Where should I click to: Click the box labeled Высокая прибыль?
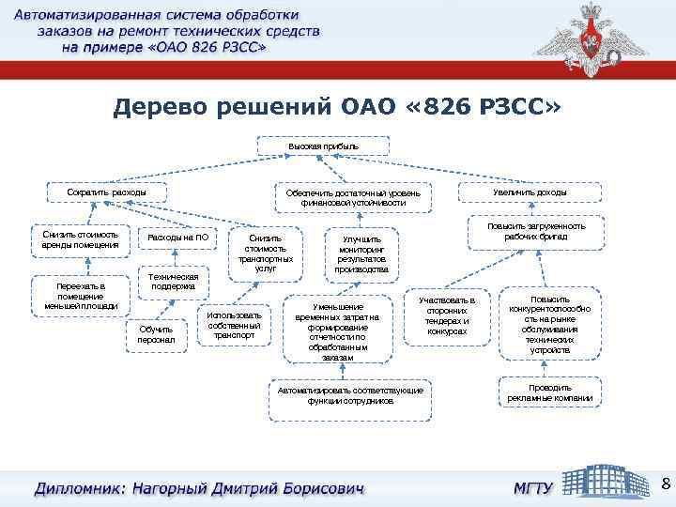(323, 146)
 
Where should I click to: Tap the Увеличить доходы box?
(530, 192)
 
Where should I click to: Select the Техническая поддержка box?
(175, 283)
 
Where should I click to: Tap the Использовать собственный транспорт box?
(234, 323)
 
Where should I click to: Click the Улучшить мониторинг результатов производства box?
(361, 253)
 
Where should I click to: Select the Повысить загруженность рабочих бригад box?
(535, 232)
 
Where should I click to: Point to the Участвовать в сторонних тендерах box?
(447, 315)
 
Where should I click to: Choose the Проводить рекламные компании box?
(549, 392)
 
